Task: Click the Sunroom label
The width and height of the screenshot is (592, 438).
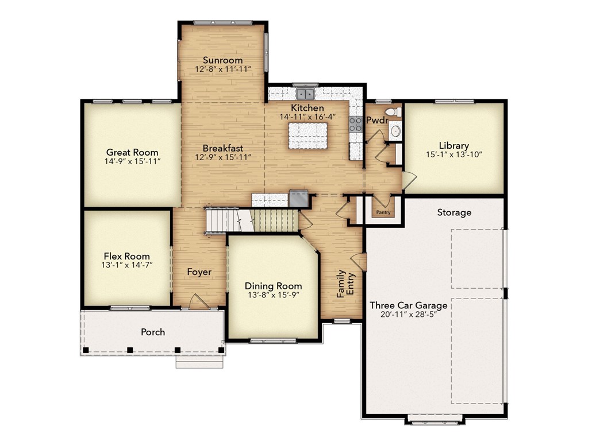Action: tap(222, 60)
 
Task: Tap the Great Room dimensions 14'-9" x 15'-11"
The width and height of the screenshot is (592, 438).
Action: tap(132, 161)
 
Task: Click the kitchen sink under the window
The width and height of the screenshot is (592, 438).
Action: tap(305, 93)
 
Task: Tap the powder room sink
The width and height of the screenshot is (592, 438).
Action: tap(395, 131)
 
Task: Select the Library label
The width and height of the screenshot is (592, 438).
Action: tap(453, 145)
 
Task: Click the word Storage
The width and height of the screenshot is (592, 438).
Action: tap(454, 212)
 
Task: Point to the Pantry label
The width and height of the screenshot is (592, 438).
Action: tap(383, 212)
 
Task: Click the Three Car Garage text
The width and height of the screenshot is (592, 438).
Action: tap(409, 305)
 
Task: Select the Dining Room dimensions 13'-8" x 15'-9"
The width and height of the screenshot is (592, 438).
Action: tap(273, 295)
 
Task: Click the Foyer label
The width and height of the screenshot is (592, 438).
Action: tap(199, 272)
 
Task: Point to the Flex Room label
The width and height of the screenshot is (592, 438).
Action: tap(126, 256)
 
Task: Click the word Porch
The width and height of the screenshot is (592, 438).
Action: tap(153, 332)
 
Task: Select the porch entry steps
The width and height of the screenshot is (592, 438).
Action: tap(199, 363)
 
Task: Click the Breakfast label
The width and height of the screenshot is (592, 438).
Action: tap(222, 148)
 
